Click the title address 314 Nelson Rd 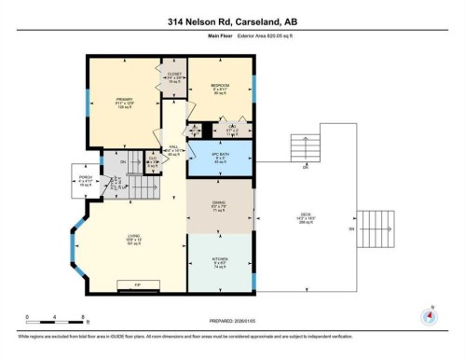[232, 21]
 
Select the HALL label [173, 146]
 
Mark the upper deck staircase [306, 147]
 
